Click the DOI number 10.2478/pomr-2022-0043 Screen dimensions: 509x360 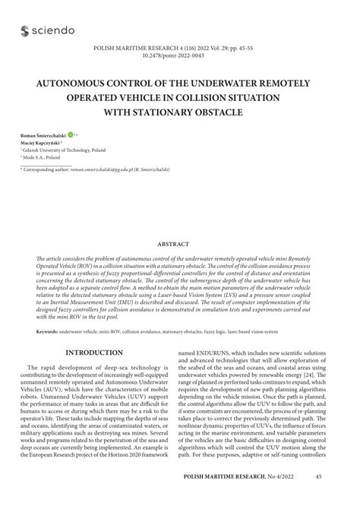[x=180, y=55]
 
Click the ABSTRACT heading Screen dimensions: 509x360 [x=180, y=245]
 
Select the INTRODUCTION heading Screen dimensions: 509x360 [x=94, y=353]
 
